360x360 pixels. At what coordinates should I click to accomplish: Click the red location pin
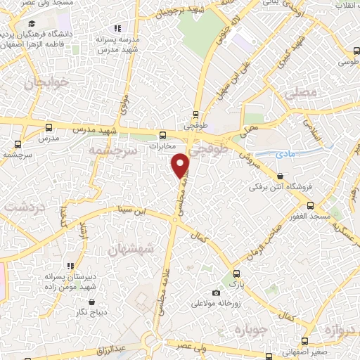pyautogui.click(x=181, y=166)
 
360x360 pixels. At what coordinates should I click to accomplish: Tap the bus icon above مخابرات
pyautogui.click(x=162, y=134)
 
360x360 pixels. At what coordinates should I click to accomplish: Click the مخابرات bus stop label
pyautogui.click(x=162, y=147)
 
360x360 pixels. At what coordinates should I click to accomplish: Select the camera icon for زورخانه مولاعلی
pyautogui.click(x=217, y=292)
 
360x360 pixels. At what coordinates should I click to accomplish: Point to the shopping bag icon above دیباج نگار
pyautogui.click(x=91, y=302)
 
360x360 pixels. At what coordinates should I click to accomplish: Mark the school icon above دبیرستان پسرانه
pyautogui.click(x=71, y=266)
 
